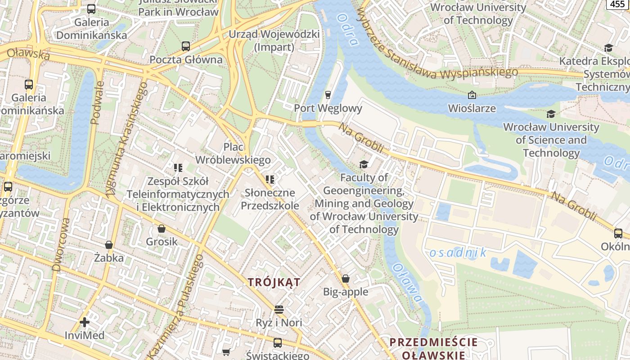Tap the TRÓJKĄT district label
point(274,282)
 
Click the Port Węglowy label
point(328,108)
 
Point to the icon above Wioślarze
point(472,95)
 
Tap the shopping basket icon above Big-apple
point(346,279)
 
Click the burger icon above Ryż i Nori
point(279,310)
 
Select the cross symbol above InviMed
point(84,322)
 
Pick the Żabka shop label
point(109,258)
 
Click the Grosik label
point(162,242)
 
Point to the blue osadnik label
point(458,252)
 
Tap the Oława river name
point(407,282)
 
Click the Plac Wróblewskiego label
point(233,153)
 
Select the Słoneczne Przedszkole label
point(270,199)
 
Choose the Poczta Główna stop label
point(186,59)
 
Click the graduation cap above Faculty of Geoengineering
point(364,165)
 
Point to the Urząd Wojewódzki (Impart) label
point(274,40)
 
